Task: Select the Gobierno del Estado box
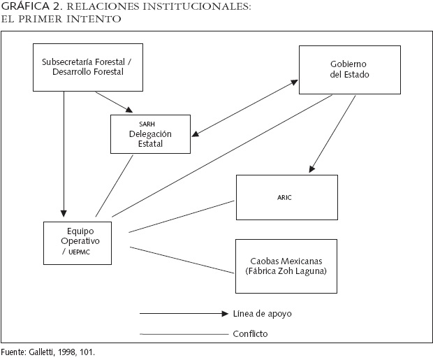(x=349, y=69)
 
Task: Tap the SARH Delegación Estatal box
(x=150, y=134)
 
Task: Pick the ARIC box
(x=287, y=198)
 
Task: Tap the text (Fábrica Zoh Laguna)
(x=286, y=271)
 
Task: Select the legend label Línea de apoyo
(x=262, y=314)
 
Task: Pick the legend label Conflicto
(x=249, y=334)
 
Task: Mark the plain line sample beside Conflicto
(x=183, y=334)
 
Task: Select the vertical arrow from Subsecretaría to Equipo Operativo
(x=64, y=154)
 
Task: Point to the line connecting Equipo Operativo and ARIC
(x=182, y=216)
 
